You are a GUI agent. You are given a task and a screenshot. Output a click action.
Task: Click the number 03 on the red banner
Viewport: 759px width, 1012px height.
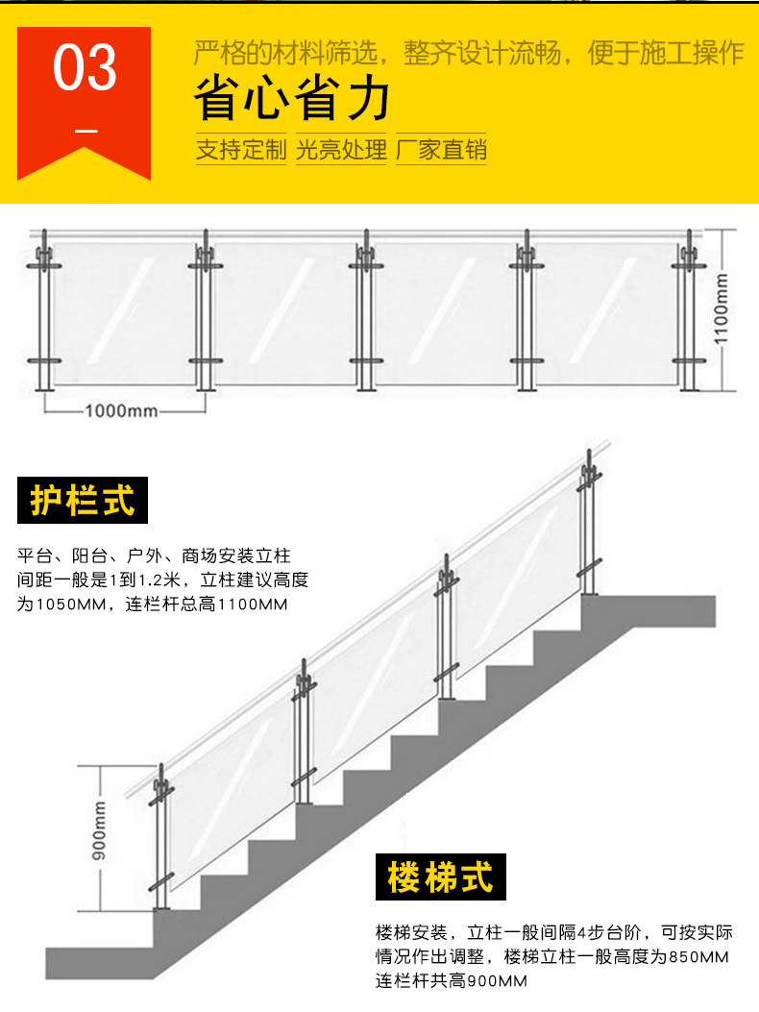coord(85,68)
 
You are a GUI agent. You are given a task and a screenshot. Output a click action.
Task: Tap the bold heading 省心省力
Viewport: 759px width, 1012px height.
coord(292,99)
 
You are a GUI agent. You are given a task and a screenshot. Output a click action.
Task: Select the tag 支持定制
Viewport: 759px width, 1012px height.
coord(241,150)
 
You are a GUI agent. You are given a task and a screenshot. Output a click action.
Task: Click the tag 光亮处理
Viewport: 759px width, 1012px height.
coord(341,150)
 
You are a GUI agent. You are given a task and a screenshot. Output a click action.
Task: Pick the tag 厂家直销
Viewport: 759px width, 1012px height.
coord(441,150)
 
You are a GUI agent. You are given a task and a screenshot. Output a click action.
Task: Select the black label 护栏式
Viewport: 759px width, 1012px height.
coord(83,501)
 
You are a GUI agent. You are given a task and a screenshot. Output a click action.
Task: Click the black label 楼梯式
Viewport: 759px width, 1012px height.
coord(441,877)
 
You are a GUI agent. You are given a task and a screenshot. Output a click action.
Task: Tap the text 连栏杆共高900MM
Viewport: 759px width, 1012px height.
coord(452,981)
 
